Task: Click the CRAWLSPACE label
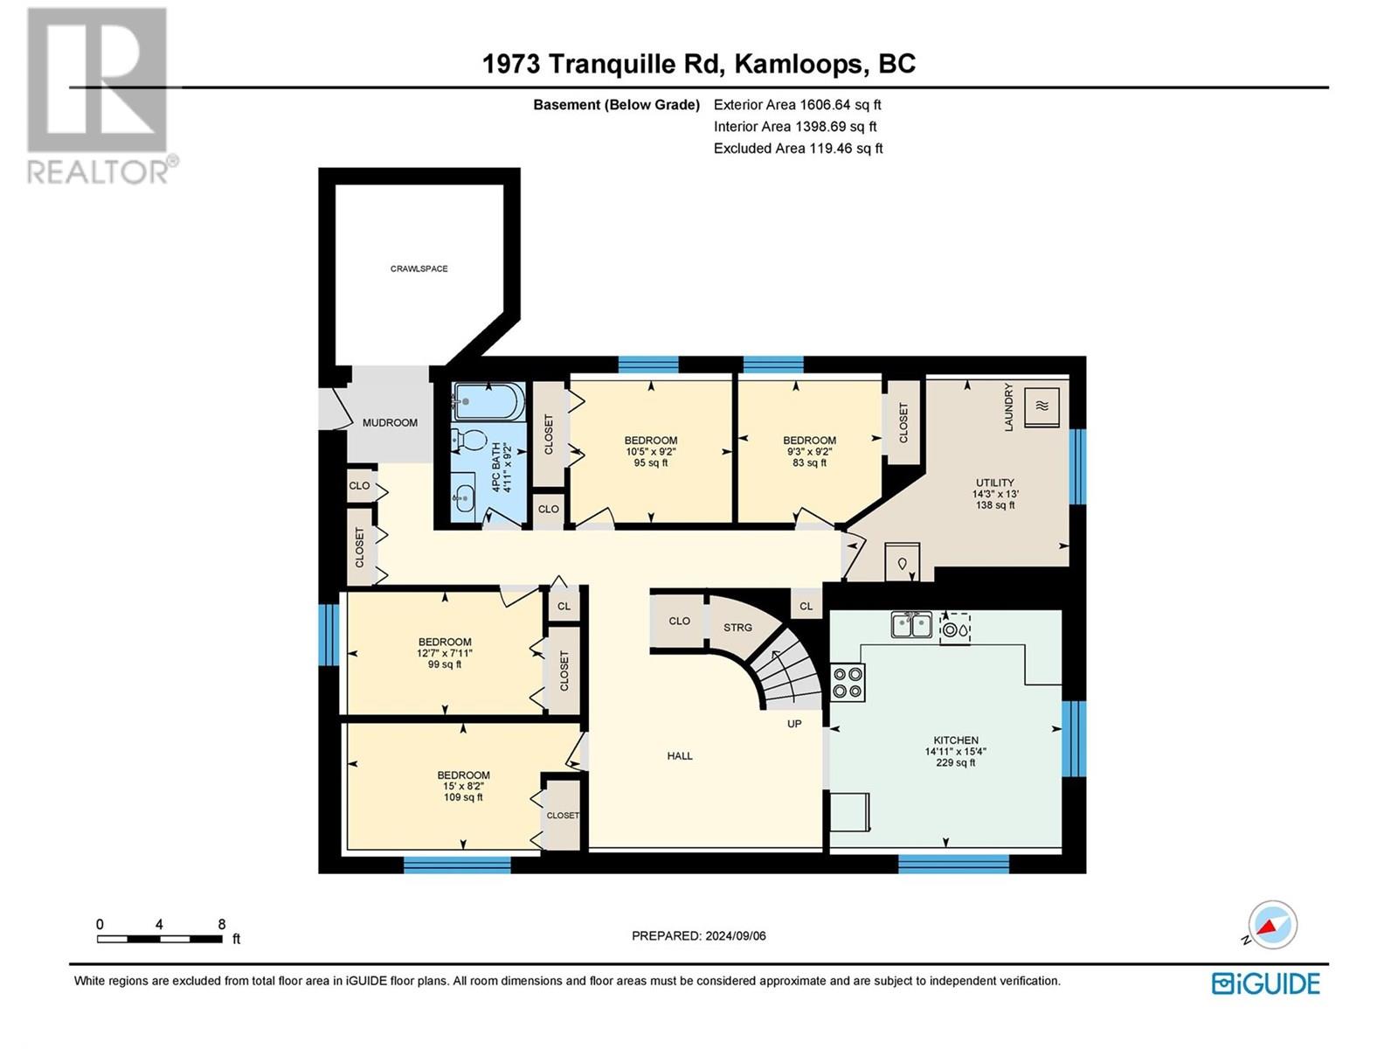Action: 419,268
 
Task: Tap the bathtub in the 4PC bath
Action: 488,402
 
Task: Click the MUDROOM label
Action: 390,422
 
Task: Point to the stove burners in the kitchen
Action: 847,682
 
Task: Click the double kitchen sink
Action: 910,625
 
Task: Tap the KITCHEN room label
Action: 955,740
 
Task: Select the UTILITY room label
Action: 994,483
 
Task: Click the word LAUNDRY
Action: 1008,406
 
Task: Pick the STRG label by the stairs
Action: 737,628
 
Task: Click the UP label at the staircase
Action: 794,724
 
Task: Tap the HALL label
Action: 680,756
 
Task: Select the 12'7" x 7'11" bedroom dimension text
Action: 445,653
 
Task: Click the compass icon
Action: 1272,925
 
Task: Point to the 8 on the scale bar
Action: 222,924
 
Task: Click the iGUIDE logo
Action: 1265,983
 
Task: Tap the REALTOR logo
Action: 98,96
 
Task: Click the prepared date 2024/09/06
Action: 734,935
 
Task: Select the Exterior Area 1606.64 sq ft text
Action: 797,105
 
